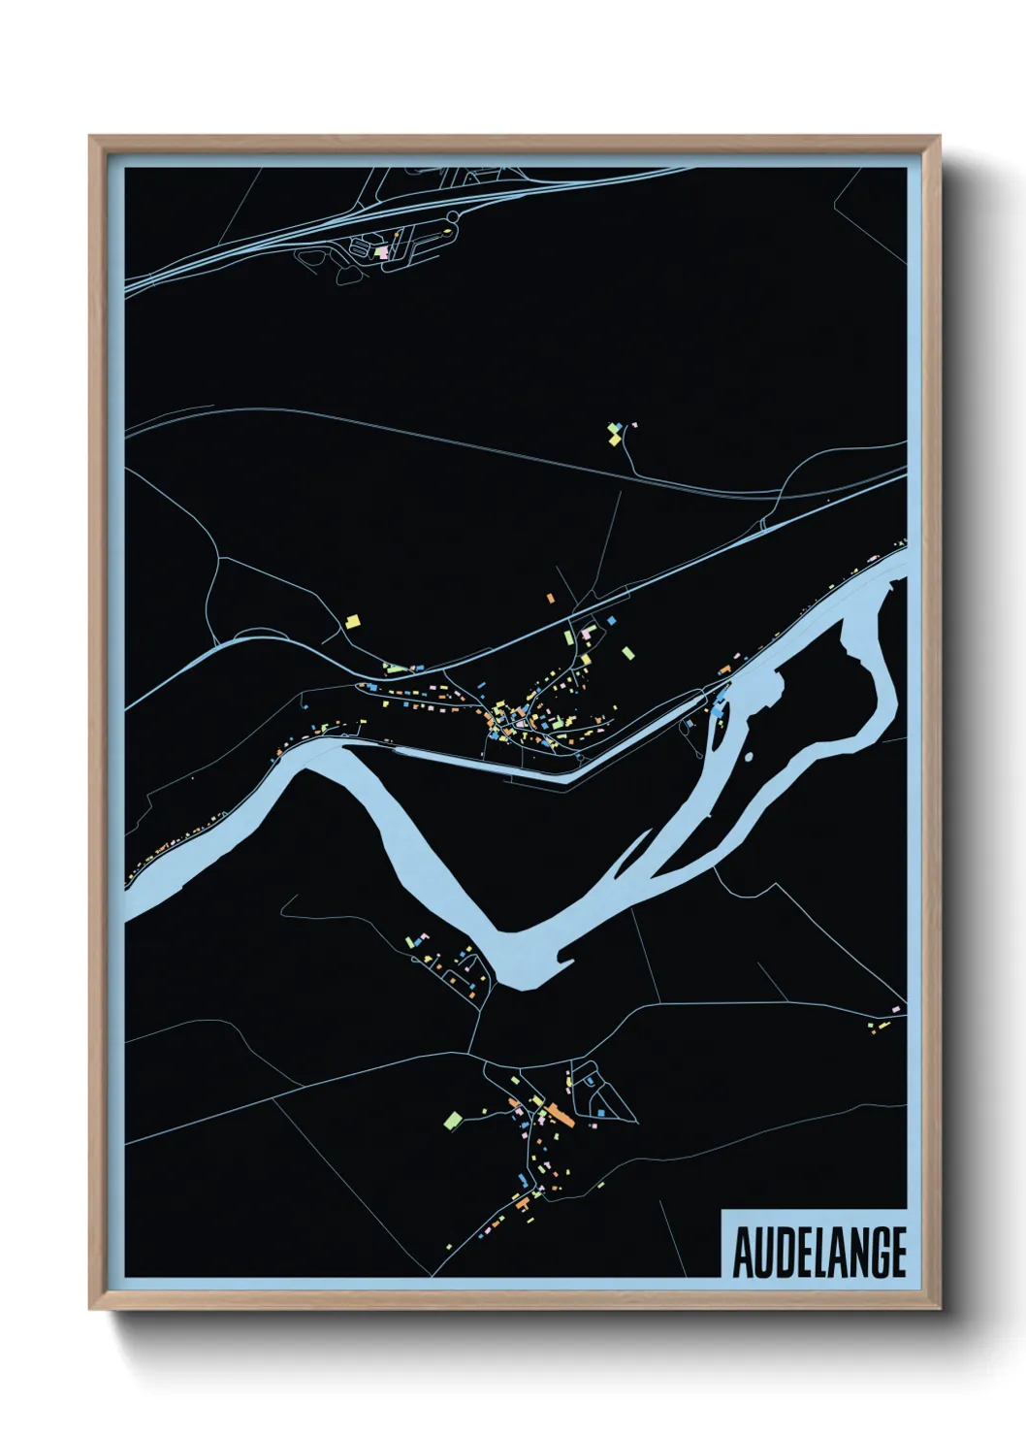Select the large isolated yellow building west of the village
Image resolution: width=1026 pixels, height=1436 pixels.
pyautogui.click(x=354, y=620)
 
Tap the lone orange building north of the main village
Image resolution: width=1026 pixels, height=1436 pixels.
pyautogui.click(x=551, y=599)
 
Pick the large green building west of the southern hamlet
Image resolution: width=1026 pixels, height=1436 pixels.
pyautogui.click(x=451, y=1120)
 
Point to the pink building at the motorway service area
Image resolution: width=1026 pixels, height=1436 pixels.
pyautogui.click(x=382, y=250)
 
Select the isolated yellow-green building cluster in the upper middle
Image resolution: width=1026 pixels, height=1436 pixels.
pyautogui.click(x=614, y=433)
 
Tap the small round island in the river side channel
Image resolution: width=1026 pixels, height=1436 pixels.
pyautogui.click(x=749, y=757)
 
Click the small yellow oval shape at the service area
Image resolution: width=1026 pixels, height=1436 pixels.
pyautogui.click(x=446, y=231)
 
